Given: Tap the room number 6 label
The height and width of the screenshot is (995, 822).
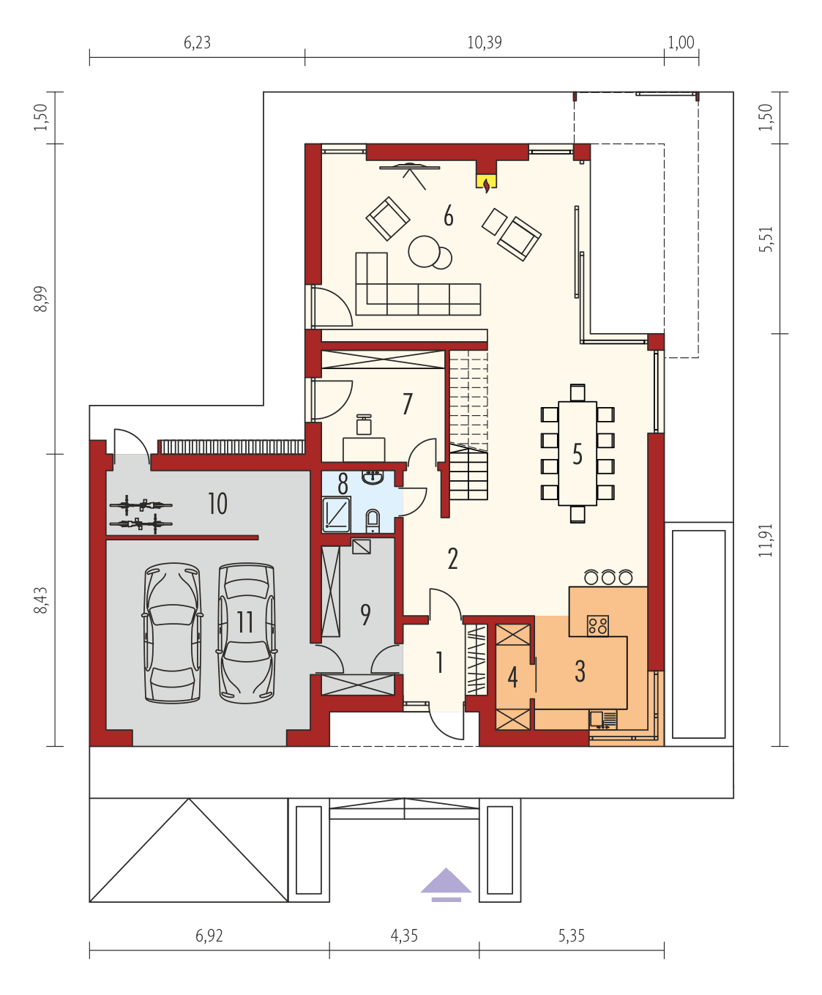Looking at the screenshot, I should click(449, 216).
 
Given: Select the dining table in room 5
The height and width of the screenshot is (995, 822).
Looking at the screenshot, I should click(578, 453).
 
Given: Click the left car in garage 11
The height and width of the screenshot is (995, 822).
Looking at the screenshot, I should click(173, 633).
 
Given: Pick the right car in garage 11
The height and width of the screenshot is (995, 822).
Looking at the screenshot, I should click(247, 633).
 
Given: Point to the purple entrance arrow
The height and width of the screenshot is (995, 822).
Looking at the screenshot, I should click(446, 884).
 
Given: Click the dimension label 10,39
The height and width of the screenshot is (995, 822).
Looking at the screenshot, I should click(485, 42).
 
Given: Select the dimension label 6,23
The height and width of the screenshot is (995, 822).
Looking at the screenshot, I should click(197, 42).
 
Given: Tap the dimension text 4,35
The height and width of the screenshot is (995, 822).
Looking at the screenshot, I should click(404, 936).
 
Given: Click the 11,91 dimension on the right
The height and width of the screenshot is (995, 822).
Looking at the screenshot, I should click(766, 540).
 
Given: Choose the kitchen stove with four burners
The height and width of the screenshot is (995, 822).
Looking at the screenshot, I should click(598, 625).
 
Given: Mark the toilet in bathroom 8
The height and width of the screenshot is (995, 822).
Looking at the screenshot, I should click(373, 521).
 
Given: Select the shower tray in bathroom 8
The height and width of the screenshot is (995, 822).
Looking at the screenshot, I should click(337, 514).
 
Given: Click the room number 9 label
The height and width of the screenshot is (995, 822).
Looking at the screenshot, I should click(365, 614).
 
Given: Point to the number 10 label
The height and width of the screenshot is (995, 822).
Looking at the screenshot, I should click(217, 504).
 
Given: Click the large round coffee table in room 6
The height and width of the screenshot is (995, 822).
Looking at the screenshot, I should click(423, 250).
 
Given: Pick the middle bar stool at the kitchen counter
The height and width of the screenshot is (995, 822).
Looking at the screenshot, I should click(608, 578).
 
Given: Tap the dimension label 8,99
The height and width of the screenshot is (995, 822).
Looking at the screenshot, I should click(41, 299).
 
